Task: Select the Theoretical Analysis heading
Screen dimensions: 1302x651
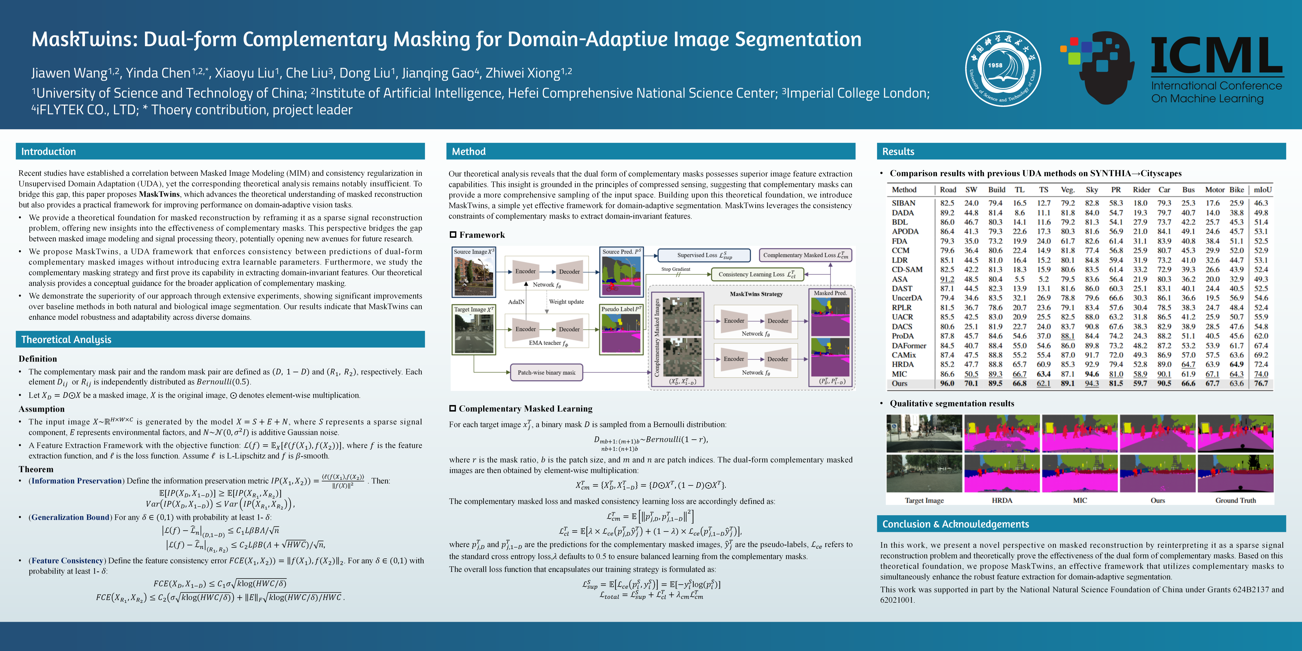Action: coord(66,340)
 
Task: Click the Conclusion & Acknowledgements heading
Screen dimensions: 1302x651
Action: coord(955,524)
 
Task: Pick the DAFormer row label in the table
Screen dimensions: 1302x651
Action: coord(909,346)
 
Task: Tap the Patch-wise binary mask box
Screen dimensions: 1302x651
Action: coord(546,373)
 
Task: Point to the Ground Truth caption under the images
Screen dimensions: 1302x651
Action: coord(1235,500)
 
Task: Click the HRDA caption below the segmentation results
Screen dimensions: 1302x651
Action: coord(1002,500)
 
